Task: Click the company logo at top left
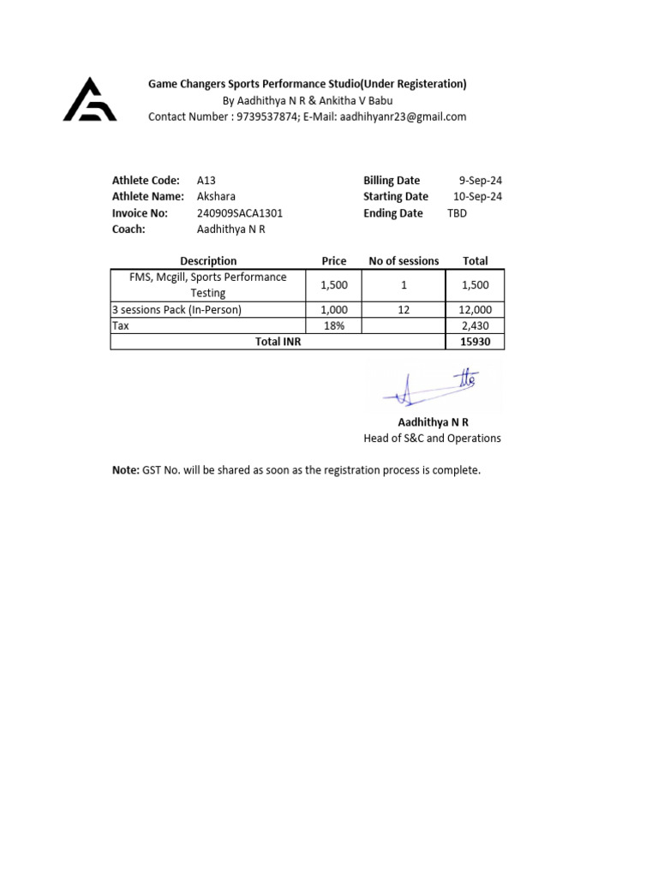[x=90, y=100]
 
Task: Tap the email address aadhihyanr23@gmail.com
[x=402, y=116]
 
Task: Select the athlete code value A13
[x=206, y=181]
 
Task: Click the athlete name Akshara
[x=216, y=197]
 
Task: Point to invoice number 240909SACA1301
[x=239, y=213]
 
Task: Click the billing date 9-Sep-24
[x=480, y=181]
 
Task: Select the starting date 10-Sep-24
[x=477, y=197]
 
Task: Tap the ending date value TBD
[x=458, y=213]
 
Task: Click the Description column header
[x=208, y=261]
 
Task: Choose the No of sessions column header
[x=404, y=261]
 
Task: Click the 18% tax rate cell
[x=333, y=326]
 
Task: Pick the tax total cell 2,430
[x=476, y=326]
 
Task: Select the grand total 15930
[x=476, y=342]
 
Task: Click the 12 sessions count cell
[x=404, y=310]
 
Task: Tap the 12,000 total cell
[x=476, y=310]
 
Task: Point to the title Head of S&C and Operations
[x=433, y=438]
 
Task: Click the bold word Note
[x=125, y=470]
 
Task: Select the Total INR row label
[x=278, y=342]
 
